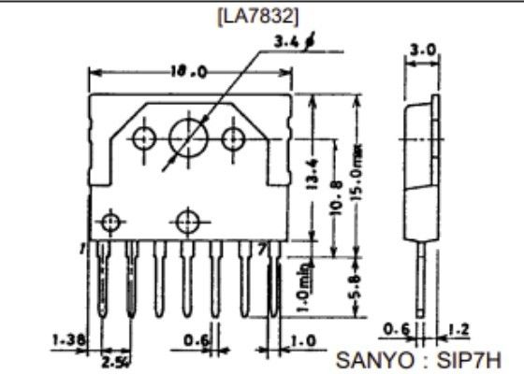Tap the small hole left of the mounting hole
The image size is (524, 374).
(x=143, y=138)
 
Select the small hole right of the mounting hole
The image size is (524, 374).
(x=233, y=138)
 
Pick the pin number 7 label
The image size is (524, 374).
(x=263, y=248)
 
